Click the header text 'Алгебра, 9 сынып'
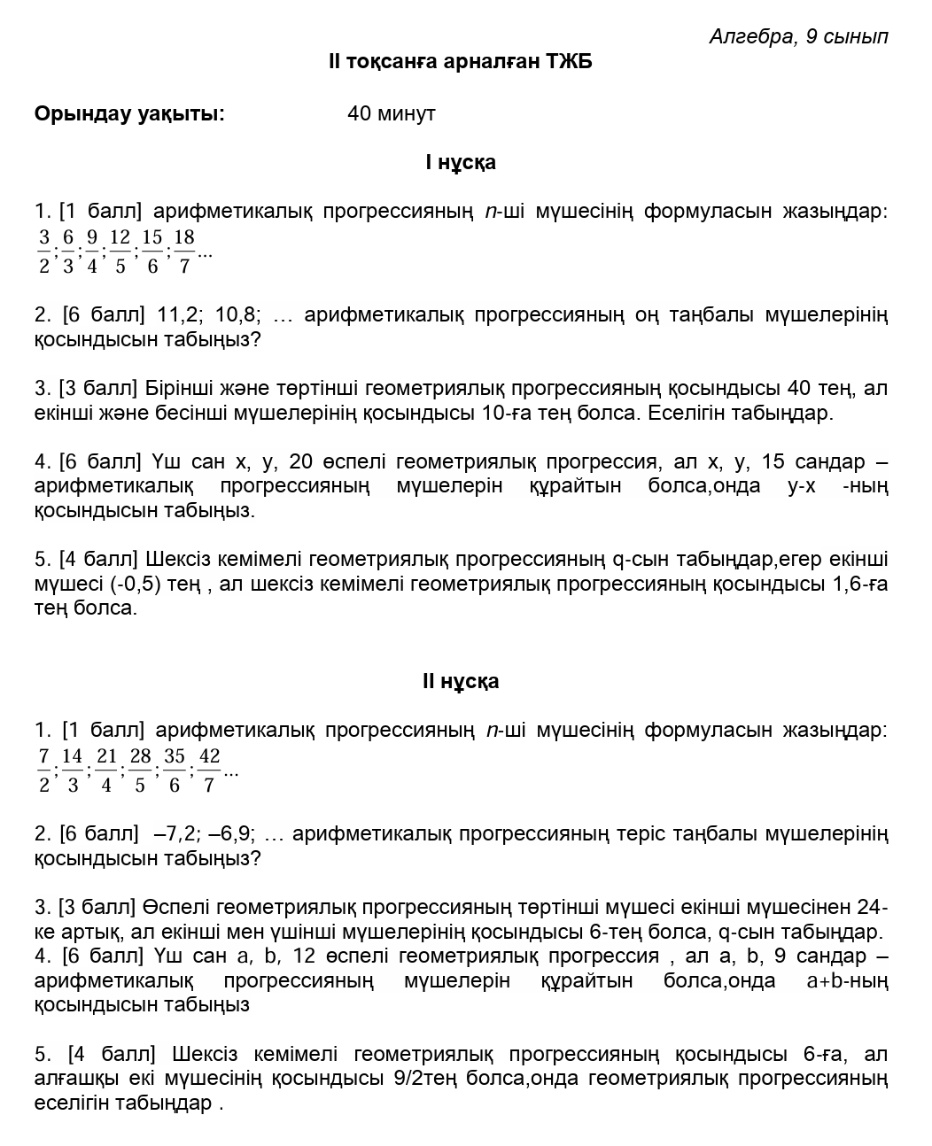click(x=798, y=36)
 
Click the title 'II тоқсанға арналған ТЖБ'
click(x=460, y=61)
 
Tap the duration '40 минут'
click(x=392, y=113)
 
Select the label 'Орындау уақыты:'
click(x=129, y=113)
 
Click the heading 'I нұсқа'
click(x=461, y=162)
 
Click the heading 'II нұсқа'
click(x=461, y=681)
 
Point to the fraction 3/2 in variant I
click(x=44, y=252)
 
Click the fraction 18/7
click(x=183, y=252)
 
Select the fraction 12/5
click(x=120, y=252)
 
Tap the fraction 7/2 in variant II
click(x=44, y=770)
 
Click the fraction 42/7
click(x=209, y=770)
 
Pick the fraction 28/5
click(x=140, y=770)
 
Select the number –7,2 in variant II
click(x=173, y=834)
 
